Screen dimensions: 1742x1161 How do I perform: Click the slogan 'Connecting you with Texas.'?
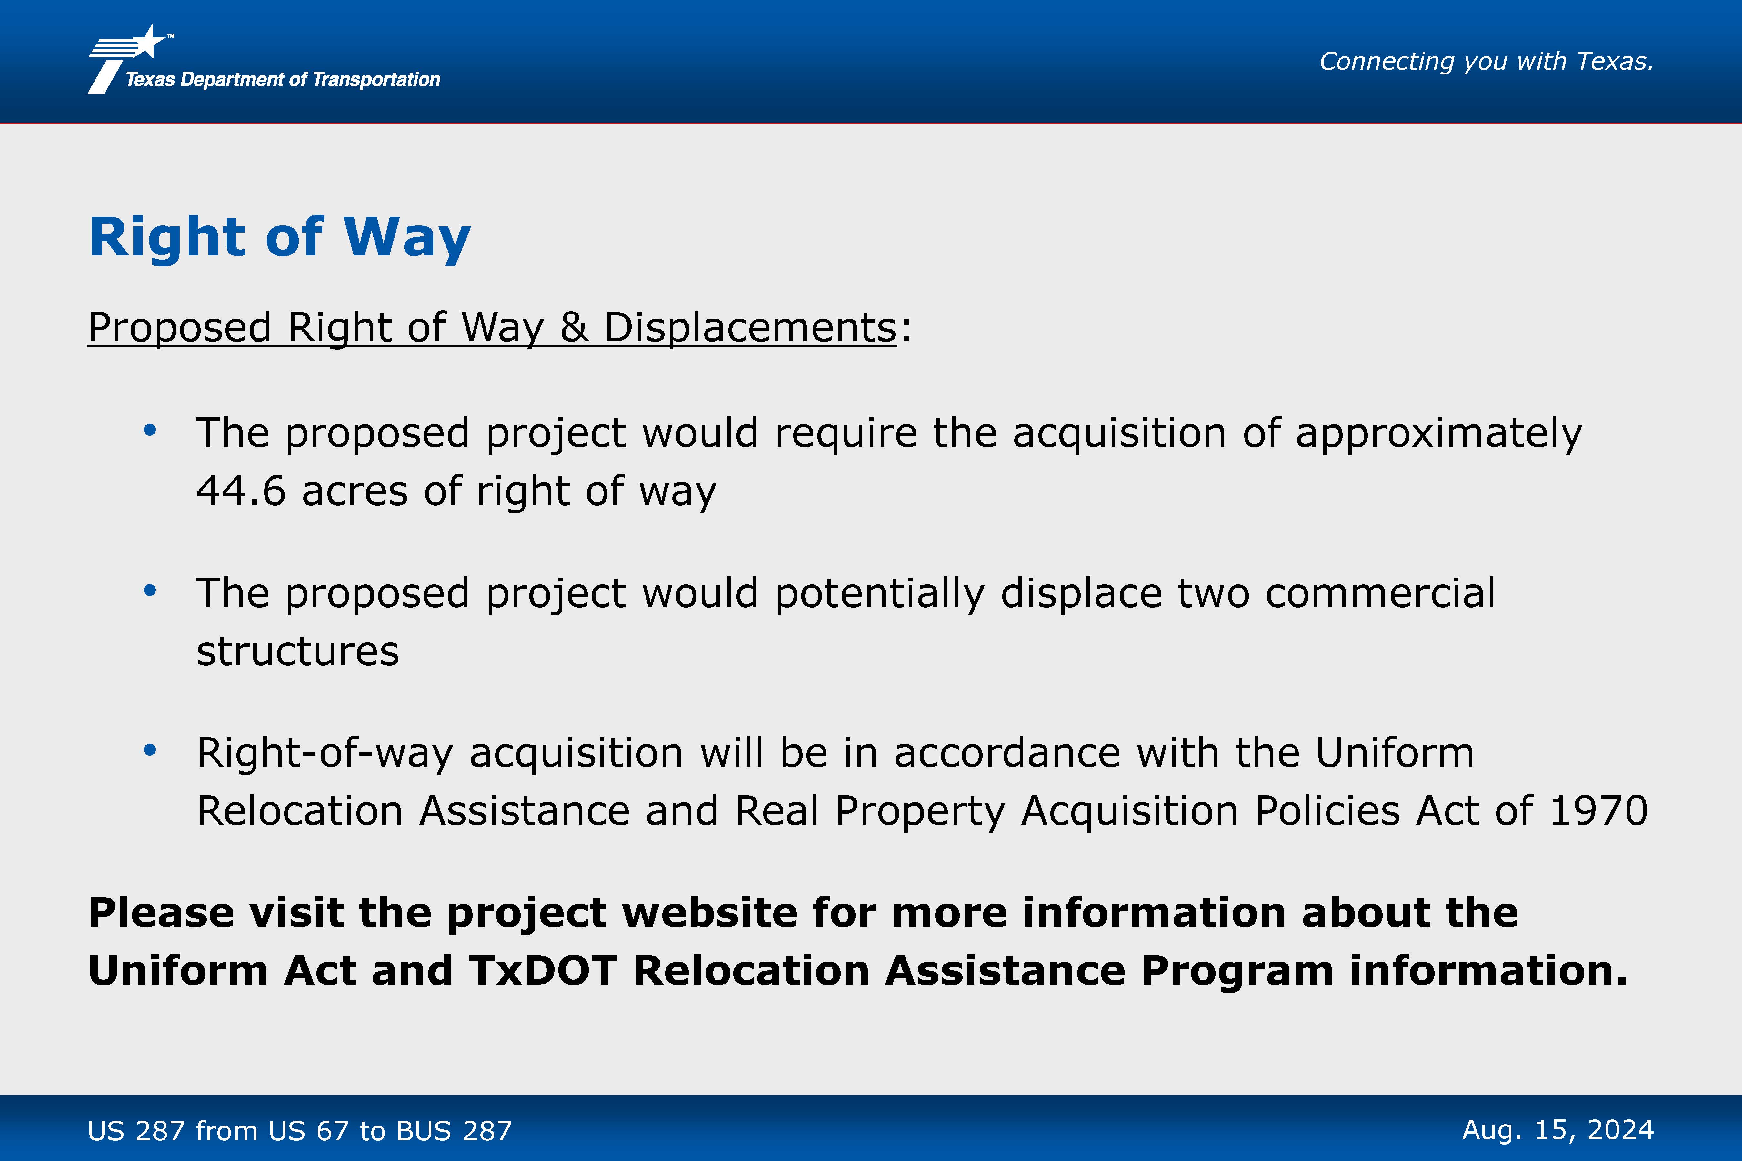tap(1487, 62)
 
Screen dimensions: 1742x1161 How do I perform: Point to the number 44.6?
tap(241, 491)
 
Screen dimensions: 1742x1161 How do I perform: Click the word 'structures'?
tap(298, 651)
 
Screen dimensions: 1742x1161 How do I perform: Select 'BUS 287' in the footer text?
tap(453, 1131)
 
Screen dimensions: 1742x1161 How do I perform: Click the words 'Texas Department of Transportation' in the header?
tap(283, 79)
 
